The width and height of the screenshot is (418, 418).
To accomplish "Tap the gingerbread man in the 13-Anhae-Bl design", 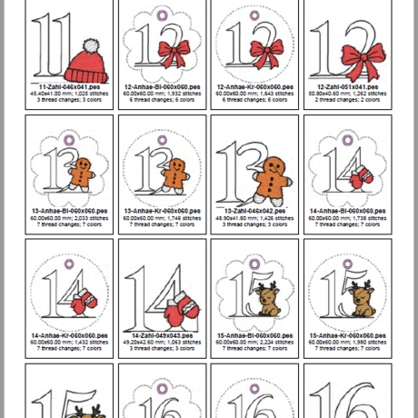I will (82, 174).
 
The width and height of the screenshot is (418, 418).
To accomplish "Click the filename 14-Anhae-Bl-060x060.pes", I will (348, 211).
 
